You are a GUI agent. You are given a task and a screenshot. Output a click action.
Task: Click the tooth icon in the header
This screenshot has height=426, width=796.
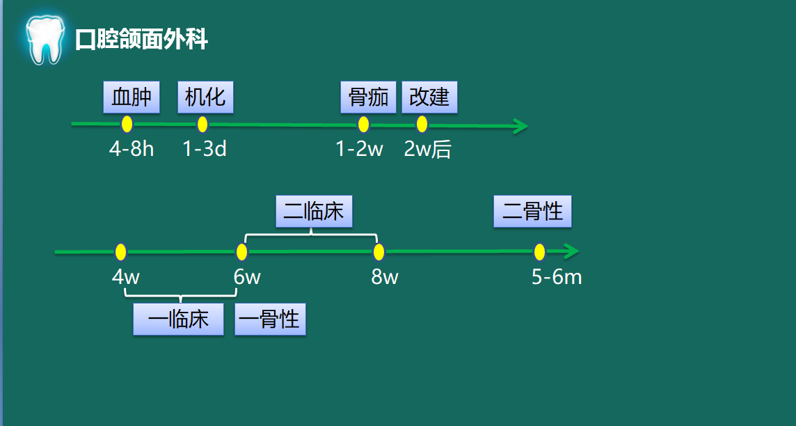[45, 40]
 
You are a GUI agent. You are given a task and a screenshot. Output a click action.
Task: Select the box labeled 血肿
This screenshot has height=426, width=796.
[132, 97]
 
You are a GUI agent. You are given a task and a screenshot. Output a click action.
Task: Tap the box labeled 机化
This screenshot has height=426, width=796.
[205, 97]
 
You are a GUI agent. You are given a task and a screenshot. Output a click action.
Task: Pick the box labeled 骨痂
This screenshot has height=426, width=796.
[368, 97]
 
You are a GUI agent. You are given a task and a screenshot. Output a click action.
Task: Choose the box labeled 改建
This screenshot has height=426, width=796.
[429, 97]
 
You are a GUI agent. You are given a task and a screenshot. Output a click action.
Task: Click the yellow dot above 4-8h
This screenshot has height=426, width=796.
[127, 124]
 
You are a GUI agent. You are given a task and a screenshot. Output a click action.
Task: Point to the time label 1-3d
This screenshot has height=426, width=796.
[205, 149]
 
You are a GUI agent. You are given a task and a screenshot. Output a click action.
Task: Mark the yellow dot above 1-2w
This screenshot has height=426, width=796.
[363, 125]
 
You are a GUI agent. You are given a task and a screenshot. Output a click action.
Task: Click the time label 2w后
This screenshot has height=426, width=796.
[427, 149]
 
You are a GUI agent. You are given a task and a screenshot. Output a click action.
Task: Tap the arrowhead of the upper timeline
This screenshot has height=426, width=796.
[520, 126]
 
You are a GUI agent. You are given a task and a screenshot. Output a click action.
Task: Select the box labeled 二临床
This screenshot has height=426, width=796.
[314, 211]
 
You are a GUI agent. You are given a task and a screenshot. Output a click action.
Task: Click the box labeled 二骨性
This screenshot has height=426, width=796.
[532, 211]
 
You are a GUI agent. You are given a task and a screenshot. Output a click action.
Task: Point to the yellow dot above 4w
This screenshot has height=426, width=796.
[121, 251]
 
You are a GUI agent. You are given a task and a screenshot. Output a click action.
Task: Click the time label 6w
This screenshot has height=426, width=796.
[247, 277]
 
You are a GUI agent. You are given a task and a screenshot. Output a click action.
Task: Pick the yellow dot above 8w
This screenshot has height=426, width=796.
[379, 251]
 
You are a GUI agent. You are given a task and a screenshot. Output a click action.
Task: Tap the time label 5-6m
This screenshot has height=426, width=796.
[557, 277]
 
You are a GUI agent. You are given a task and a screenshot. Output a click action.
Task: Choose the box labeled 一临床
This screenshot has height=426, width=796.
[179, 319]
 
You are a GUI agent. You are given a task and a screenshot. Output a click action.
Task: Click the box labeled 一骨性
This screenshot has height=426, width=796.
[270, 319]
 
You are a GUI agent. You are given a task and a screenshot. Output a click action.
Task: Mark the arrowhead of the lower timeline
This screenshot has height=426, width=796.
[571, 251]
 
